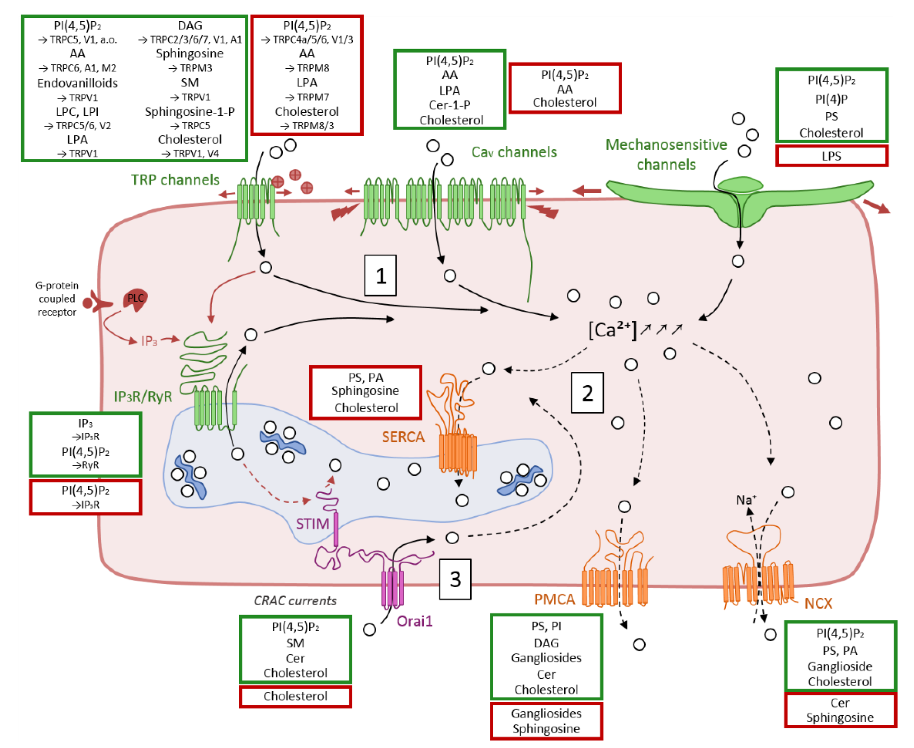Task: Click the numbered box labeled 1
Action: (x=380, y=275)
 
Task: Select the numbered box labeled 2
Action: (x=587, y=393)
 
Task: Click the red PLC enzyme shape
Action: (x=135, y=299)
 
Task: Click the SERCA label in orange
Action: (x=403, y=437)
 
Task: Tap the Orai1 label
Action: (x=414, y=621)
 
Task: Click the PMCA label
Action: (x=555, y=599)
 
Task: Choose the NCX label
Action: (x=818, y=603)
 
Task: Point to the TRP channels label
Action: (x=175, y=180)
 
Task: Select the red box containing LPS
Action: (x=831, y=156)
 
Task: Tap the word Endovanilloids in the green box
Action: (x=78, y=83)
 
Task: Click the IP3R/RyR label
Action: (x=143, y=396)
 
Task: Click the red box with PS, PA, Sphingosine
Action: (x=365, y=392)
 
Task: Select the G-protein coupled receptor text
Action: (x=57, y=299)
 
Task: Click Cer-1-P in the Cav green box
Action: (x=449, y=105)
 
